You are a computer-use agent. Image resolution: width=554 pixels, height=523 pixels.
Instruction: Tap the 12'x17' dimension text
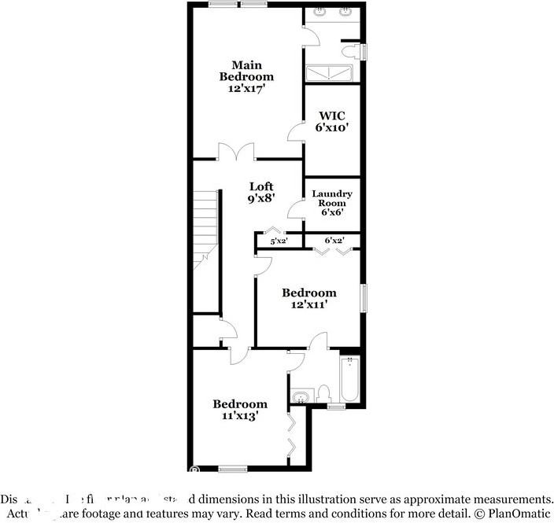coord(246,90)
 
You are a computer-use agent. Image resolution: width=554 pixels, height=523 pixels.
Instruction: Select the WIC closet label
coord(332,116)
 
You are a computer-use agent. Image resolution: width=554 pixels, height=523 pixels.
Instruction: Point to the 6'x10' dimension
coord(332,127)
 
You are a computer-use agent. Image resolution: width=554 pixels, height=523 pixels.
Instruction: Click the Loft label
coord(261,186)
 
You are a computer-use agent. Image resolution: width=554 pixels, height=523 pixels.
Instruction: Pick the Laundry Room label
coord(332,198)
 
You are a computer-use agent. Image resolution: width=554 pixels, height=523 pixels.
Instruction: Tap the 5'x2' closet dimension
coord(279,241)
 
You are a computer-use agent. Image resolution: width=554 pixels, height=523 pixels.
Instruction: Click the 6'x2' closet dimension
coord(334,240)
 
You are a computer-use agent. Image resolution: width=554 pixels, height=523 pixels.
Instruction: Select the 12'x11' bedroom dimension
coord(309,304)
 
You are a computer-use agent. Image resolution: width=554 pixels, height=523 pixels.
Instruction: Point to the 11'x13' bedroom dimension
coord(240,416)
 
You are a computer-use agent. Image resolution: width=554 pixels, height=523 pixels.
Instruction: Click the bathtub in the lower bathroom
coord(351,381)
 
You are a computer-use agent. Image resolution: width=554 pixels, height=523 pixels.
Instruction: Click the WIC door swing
coord(295,132)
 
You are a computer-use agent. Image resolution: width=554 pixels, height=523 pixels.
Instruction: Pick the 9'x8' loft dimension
coord(261,198)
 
